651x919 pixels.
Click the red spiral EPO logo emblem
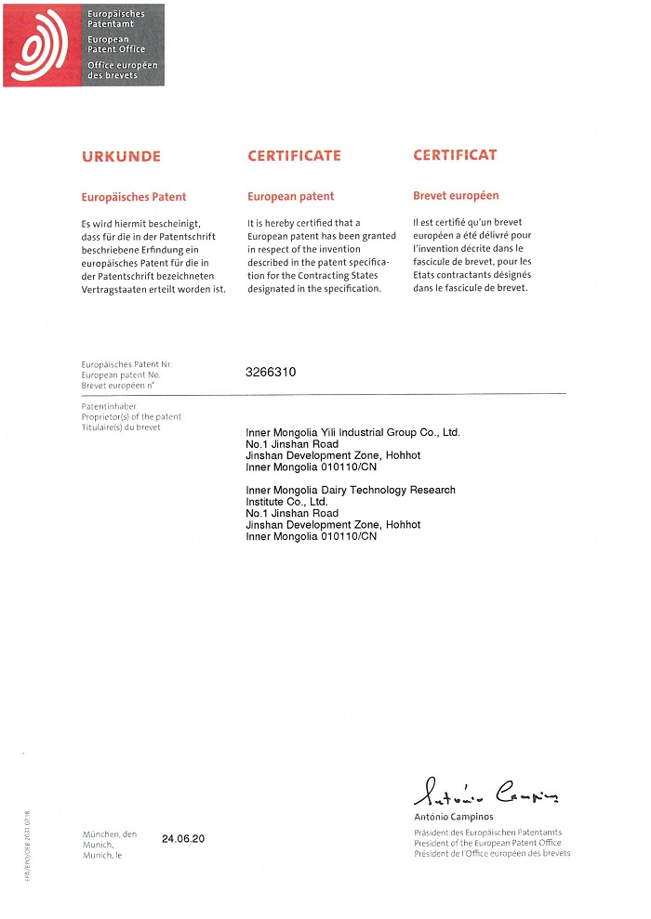[43, 45]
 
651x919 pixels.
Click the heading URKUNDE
[121, 157]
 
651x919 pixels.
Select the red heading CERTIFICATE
[294, 156]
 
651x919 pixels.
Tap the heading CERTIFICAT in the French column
[455, 155]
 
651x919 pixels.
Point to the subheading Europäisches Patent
[134, 197]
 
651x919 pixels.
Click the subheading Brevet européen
[456, 196]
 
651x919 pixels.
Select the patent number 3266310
[271, 372]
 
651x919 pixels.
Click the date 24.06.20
[183, 839]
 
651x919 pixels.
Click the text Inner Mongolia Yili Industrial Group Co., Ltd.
[352, 433]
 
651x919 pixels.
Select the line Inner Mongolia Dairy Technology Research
[351, 490]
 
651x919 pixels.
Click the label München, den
[109, 834]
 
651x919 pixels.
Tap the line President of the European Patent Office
[487, 843]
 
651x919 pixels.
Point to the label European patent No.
[121, 374]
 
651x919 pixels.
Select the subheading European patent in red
[291, 197]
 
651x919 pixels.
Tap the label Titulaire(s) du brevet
[121, 427]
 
